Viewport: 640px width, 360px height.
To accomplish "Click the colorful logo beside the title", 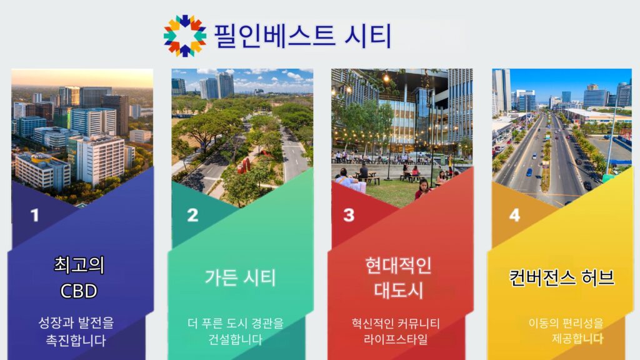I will click(x=184, y=36).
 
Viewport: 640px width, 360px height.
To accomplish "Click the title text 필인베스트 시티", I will click(x=302, y=36).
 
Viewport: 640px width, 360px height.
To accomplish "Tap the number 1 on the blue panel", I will click(x=34, y=216).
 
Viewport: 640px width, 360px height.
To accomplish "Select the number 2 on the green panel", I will click(x=192, y=216).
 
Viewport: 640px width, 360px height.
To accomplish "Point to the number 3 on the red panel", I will click(x=349, y=216).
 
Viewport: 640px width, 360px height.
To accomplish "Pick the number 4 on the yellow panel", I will click(x=514, y=216).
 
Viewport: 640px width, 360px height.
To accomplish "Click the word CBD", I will click(x=79, y=291).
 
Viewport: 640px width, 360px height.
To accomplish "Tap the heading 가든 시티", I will click(x=240, y=277).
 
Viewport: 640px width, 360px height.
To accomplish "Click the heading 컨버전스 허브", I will click(x=561, y=277).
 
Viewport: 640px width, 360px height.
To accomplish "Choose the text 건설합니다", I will click(x=235, y=340).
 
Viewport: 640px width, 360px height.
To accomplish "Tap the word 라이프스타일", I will click(x=395, y=340).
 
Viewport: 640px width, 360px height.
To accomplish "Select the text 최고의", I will click(x=79, y=265).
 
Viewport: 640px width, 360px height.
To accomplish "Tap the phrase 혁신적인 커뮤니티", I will click(x=395, y=324).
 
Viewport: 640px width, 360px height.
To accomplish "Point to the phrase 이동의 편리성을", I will click(x=566, y=323).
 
